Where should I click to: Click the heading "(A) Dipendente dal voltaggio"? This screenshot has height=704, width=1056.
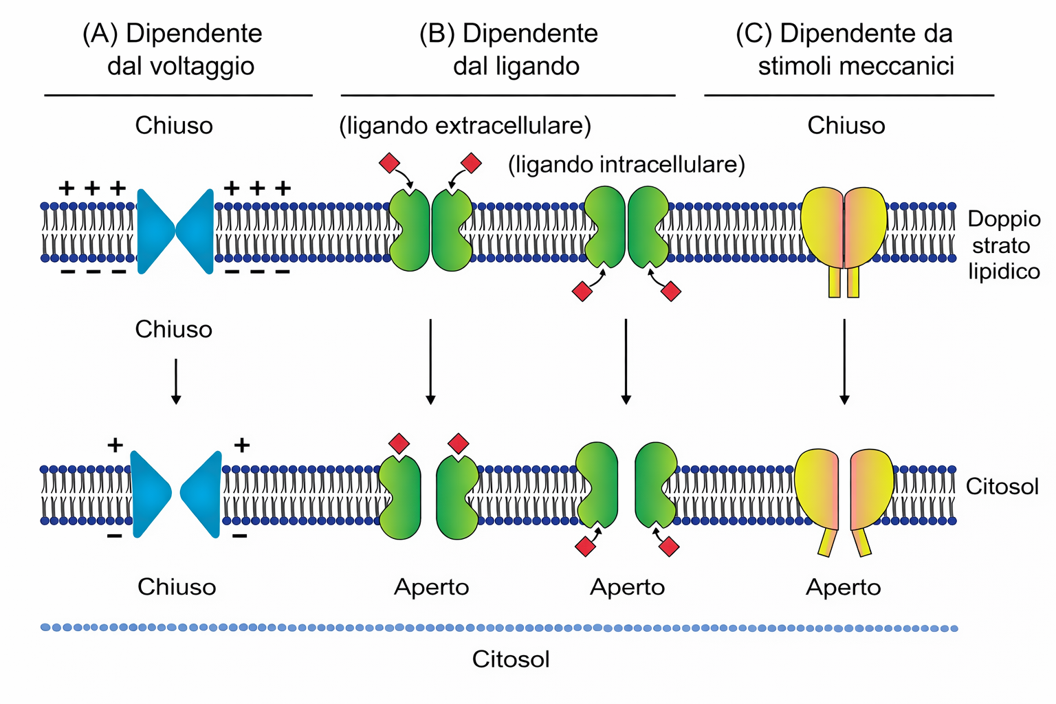click(x=173, y=49)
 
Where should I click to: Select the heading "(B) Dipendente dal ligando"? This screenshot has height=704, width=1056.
click(x=509, y=49)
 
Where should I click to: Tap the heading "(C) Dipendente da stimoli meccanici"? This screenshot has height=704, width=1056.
click(x=845, y=49)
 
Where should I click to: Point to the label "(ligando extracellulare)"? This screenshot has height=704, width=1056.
click(x=465, y=126)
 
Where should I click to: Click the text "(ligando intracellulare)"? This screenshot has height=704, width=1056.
click(x=626, y=165)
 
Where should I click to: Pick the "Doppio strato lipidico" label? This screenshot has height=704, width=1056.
click(x=1004, y=245)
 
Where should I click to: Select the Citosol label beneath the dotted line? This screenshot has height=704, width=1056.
click(x=511, y=659)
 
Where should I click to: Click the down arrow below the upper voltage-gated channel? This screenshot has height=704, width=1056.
click(x=176, y=380)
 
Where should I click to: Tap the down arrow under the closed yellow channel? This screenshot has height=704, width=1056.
click(x=844, y=361)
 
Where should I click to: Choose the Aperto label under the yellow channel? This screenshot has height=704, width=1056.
click(x=844, y=587)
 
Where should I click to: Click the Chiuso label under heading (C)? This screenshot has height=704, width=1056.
click(x=846, y=126)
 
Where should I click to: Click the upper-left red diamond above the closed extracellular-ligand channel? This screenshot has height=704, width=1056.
click(x=389, y=164)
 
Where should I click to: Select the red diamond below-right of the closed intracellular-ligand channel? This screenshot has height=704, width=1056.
click(x=671, y=291)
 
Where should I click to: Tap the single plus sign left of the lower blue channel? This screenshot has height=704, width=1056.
click(x=115, y=445)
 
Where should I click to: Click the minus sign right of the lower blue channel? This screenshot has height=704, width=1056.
click(x=240, y=536)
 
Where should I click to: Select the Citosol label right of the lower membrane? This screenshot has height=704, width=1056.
click(x=1002, y=487)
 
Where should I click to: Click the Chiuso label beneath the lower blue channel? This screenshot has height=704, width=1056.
click(x=177, y=587)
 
